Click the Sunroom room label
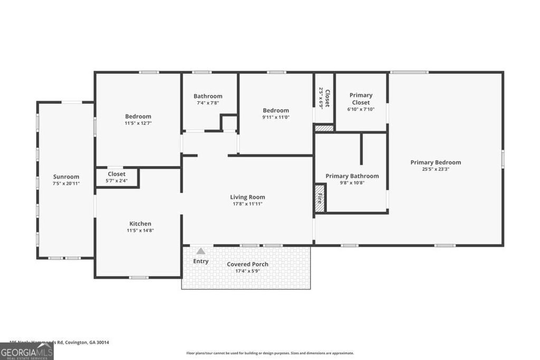click(66, 177)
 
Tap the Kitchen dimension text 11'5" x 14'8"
click(140, 230)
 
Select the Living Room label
click(247, 197)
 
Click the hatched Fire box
click(320, 199)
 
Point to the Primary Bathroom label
click(352, 176)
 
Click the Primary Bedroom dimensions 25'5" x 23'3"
click(436, 169)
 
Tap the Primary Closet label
click(361, 99)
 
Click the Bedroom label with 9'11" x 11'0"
click(276, 111)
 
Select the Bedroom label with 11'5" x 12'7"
click(138, 116)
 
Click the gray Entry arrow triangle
click(200, 251)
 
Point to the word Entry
click(201, 261)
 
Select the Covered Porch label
click(247, 264)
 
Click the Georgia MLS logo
click(26, 352)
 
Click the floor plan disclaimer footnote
click(270, 353)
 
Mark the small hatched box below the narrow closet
click(324, 128)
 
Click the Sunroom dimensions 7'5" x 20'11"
click(66, 183)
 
